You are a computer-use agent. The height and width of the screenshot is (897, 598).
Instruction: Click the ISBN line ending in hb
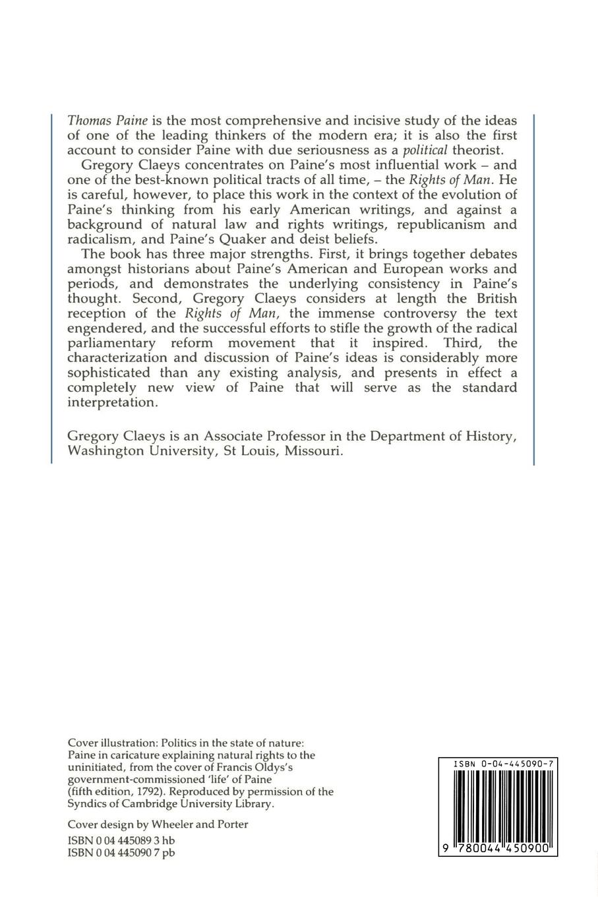tap(121, 840)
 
